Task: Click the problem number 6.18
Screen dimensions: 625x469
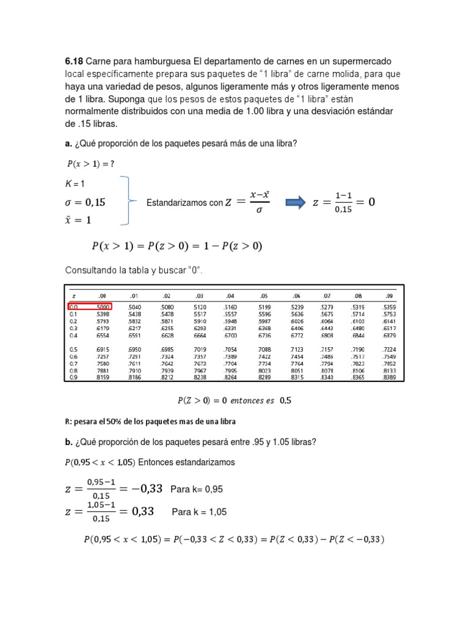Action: click(74, 62)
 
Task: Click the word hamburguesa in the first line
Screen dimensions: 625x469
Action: click(161, 62)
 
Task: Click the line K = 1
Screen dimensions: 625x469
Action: click(75, 184)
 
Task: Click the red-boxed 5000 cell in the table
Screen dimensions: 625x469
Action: click(103, 306)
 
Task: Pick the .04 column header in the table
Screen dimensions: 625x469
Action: click(230, 295)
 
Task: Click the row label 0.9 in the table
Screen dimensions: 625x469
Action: click(73, 377)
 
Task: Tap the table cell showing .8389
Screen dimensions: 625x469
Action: click(389, 377)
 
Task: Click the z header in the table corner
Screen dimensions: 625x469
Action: click(73, 295)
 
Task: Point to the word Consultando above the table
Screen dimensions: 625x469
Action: click(90, 270)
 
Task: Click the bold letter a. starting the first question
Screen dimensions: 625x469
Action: click(68, 143)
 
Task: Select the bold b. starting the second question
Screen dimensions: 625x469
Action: click(68, 441)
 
